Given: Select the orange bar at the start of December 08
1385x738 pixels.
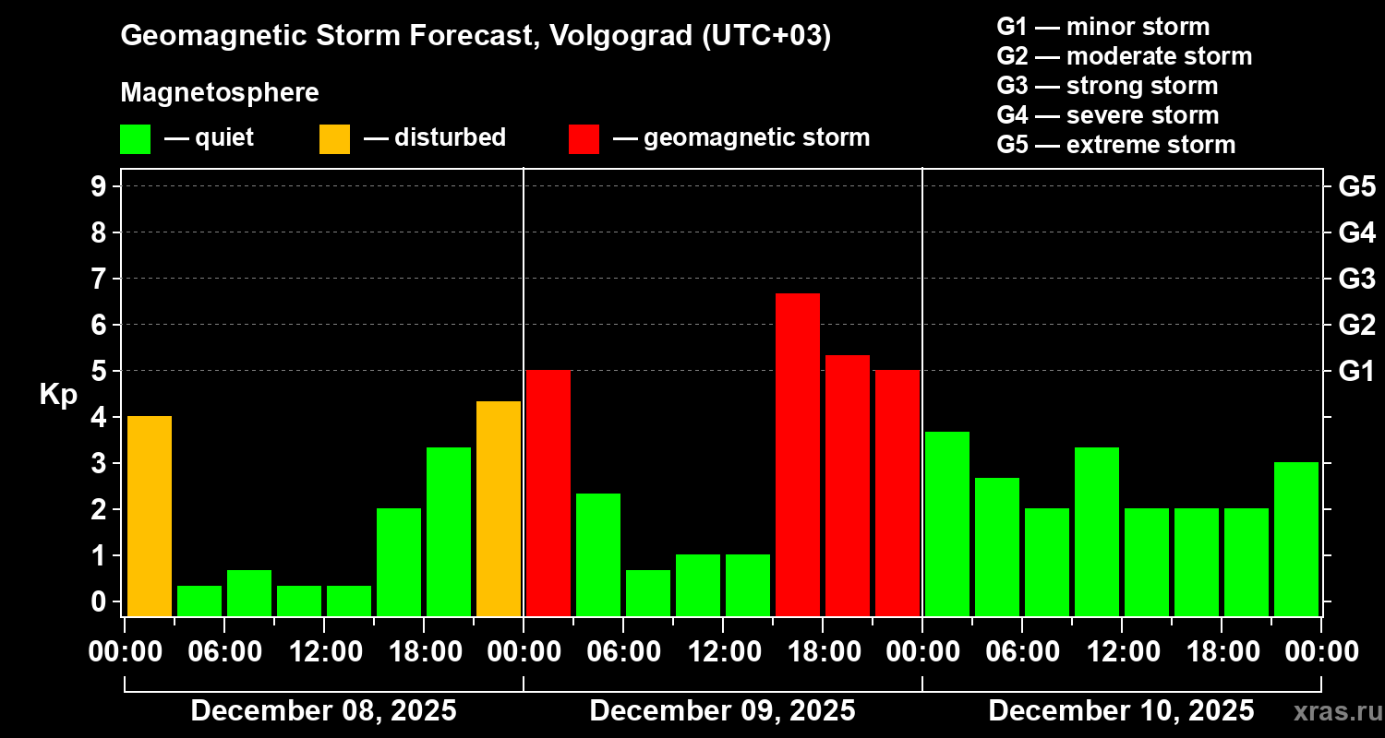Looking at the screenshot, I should coord(150,516).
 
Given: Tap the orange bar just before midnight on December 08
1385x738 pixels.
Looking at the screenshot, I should coord(499,508).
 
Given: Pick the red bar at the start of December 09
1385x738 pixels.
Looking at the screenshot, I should coord(548,493).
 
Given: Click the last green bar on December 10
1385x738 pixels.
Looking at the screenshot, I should coord(1296,539).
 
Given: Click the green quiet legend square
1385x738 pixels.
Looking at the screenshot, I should coord(135,139).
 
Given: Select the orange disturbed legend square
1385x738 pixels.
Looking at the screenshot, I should coord(334,139).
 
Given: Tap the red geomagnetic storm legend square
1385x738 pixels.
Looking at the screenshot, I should coord(584,139).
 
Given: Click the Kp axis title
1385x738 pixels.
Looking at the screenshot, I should coord(58,395).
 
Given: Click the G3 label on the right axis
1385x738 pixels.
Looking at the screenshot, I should coord(1356,279).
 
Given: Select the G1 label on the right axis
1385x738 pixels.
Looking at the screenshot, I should coord(1356,371).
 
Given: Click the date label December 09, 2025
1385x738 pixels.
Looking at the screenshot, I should coord(722,711).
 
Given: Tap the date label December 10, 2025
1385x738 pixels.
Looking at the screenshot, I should coord(1121,711).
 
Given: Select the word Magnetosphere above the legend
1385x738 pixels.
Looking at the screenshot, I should coord(220,93).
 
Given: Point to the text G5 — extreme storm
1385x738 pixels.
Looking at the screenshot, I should coord(1115,145).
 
